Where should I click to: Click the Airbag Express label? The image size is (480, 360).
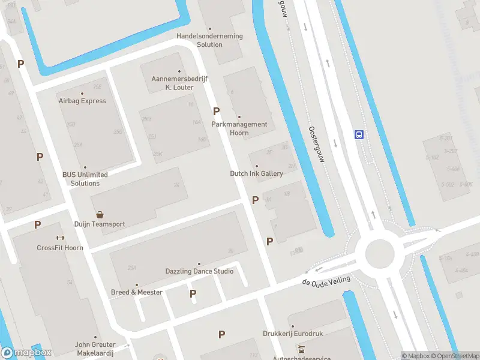(x=82, y=101)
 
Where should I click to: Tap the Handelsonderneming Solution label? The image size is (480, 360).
(x=209, y=40)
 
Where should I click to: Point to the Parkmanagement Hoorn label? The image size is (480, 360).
(x=239, y=128)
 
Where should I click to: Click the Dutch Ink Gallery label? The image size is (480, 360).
(x=256, y=173)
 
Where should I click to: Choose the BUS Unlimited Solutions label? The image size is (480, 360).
(x=85, y=179)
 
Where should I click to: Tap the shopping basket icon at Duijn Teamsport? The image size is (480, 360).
(x=100, y=214)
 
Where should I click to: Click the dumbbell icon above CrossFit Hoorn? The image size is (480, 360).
(x=60, y=238)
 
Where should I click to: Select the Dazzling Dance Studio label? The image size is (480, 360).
(x=199, y=271)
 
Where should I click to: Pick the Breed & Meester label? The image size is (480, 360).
(x=137, y=292)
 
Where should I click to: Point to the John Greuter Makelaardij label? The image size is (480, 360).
(x=95, y=349)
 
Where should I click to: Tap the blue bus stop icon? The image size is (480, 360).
(x=359, y=134)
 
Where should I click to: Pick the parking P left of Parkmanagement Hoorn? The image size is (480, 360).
(x=216, y=111)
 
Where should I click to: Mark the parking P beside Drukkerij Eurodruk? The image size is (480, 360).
(x=221, y=334)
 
